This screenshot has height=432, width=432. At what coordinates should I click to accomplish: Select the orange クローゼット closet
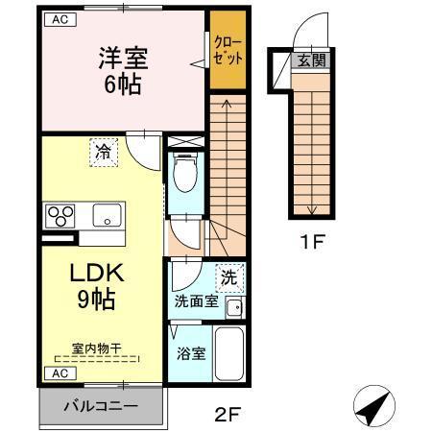(x=228, y=52)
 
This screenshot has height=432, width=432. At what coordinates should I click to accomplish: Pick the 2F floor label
(x=226, y=414)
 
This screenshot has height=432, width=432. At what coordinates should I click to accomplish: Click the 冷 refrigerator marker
(x=103, y=151)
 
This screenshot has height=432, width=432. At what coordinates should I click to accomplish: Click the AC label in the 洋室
(x=60, y=19)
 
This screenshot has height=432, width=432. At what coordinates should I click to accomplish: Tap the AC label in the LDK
(x=60, y=372)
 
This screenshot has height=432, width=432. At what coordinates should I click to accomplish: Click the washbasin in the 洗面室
(x=232, y=307)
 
